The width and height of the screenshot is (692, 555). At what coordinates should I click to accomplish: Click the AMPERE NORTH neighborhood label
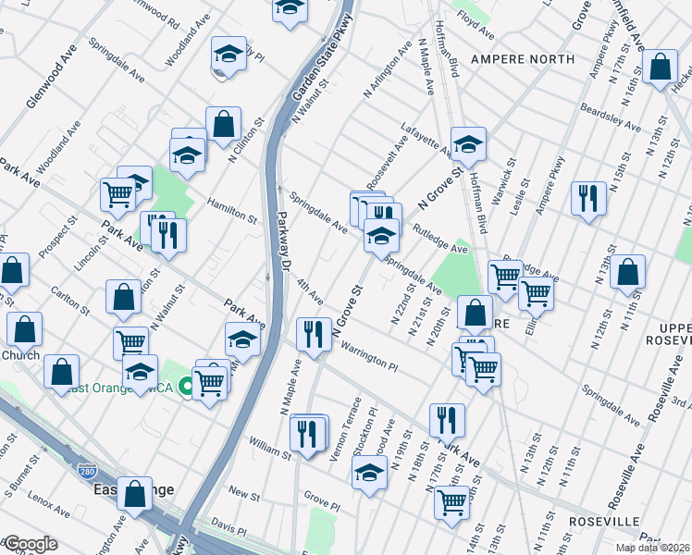(x=522, y=59)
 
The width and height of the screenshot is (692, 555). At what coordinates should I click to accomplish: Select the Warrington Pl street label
(x=368, y=358)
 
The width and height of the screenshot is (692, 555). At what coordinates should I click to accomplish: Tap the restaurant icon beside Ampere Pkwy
(x=588, y=199)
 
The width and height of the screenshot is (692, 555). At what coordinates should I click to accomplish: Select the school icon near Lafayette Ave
(x=469, y=143)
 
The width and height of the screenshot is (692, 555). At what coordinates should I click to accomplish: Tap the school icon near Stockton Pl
(x=369, y=472)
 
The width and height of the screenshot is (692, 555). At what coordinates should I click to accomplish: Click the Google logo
(x=31, y=544)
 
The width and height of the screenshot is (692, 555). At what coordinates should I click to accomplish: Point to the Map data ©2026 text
(x=651, y=548)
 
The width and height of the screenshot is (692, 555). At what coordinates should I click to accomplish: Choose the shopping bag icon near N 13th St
(x=627, y=272)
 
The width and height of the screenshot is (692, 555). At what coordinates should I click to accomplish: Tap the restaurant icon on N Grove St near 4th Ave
(x=314, y=335)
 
